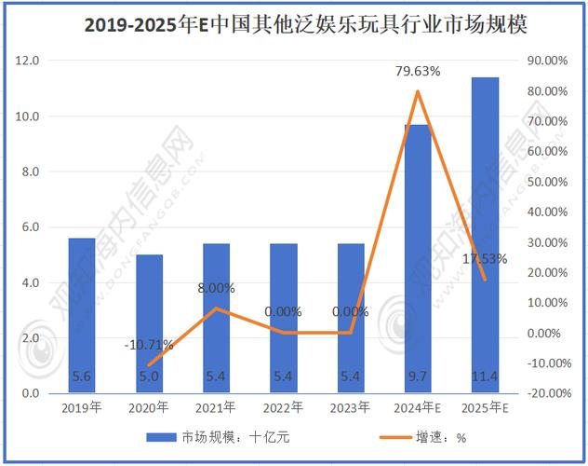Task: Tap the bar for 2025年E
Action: pos(486,233)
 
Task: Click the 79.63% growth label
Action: pos(418,71)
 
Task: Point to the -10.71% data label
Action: pos(149,345)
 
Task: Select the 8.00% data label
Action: pos(217,288)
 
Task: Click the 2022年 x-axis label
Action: pos(284,408)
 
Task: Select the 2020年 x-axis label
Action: pos(149,408)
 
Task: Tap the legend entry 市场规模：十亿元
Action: pos(214,436)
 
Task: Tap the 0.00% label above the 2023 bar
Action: pos(350,311)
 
